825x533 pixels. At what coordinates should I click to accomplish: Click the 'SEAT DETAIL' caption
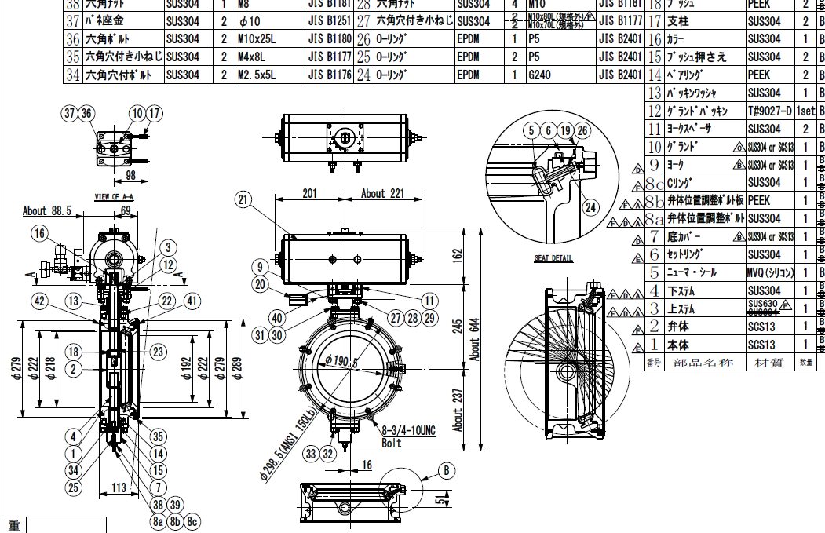(553, 258)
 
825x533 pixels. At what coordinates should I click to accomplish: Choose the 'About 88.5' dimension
(47, 210)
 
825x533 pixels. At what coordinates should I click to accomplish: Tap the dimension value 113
(118, 487)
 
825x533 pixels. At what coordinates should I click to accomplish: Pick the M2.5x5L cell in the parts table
(258, 75)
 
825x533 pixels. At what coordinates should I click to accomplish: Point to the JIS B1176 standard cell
(329, 75)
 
